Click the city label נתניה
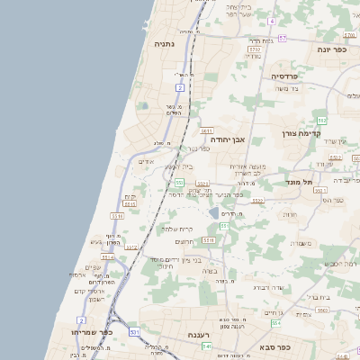pos(164,43)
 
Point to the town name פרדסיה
pos(289,77)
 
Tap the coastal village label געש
pos(96,241)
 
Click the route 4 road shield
pos(272,19)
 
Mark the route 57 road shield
pos(282,38)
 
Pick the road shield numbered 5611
pos(206,130)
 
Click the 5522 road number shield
pos(257,201)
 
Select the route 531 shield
pos(133,332)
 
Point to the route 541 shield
pos(206,346)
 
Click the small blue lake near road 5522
pos(213,213)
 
